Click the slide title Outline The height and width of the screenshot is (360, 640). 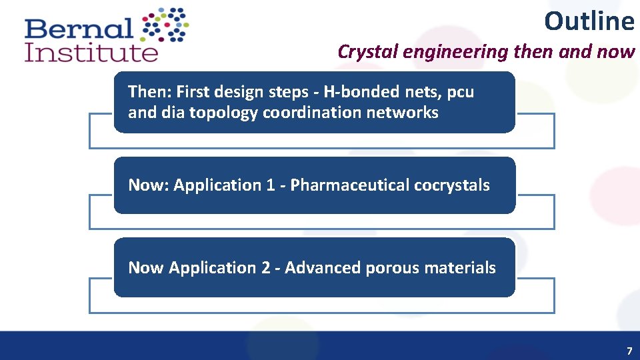point(589,21)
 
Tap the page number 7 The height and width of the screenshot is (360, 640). point(629,351)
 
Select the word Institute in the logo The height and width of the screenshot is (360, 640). point(91,53)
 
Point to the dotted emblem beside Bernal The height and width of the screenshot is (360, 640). point(166,25)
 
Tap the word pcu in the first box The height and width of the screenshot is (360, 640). point(461,91)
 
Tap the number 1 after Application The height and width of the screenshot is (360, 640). point(270,185)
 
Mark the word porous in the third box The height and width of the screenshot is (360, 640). point(393,268)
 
